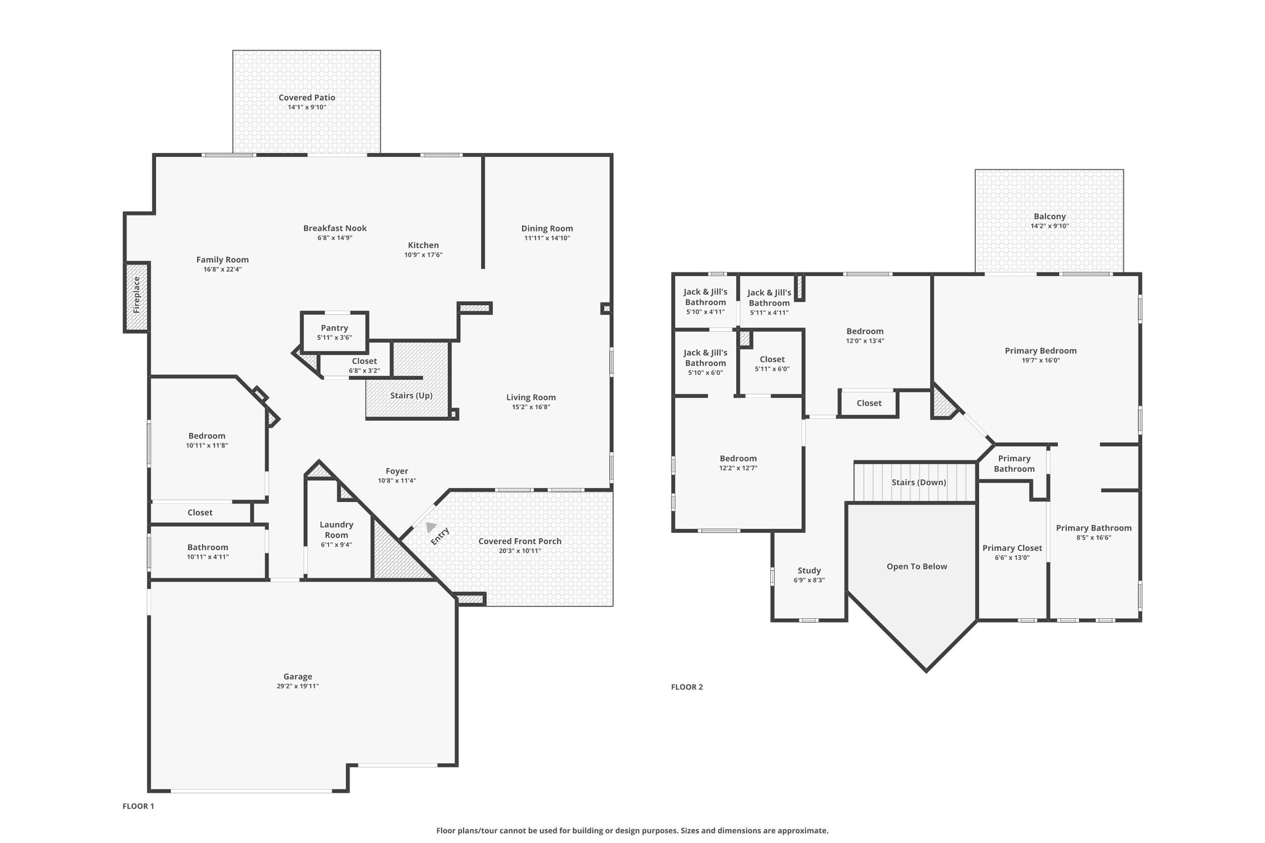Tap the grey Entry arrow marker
(x=431, y=527)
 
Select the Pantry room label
(x=334, y=328)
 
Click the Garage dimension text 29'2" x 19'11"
(x=298, y=686)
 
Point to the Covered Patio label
(x=306, y=98)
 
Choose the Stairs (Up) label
(x=411, y=395)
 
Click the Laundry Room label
(x=336, y=529)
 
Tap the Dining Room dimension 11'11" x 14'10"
(x=547, y=238)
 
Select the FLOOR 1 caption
(x=138, y=806)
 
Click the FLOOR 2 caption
(x=687, y=687)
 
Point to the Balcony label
(x=1049, y=216)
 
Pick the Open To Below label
(x=917, y=566)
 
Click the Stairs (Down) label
(x=918, y=482)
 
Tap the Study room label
(x=809, y=571)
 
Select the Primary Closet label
(x=1012, y=548)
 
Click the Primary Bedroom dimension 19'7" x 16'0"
(x=1040, y=360)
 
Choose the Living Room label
(x=531, y=397)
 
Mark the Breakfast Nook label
(x=335, y=228)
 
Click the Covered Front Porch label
(x=519, y=541)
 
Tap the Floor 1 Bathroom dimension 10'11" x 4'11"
(x=208, y=556)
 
